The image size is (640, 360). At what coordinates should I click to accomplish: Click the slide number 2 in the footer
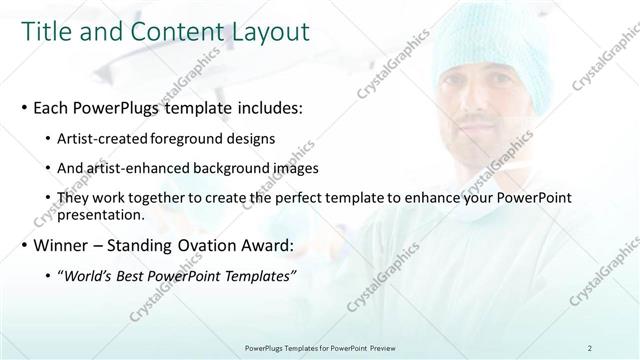590,347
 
